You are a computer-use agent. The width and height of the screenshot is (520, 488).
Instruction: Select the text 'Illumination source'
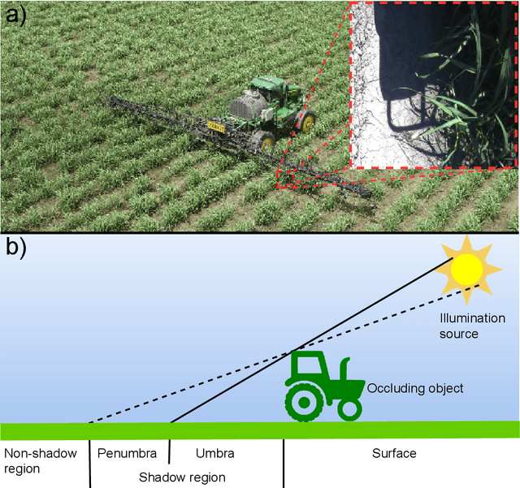click(x=472, y=325)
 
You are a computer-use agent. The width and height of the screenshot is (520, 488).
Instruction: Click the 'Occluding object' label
click(x=415, y=388)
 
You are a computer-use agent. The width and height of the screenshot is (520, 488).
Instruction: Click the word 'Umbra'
click(x=215, y=453)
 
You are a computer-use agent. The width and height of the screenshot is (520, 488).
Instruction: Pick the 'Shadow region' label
click(x=182, y=477)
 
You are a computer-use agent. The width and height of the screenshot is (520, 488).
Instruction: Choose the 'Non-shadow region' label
click(x=37, y=460)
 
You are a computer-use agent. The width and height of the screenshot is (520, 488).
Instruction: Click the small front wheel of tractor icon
click(x=349, y=408)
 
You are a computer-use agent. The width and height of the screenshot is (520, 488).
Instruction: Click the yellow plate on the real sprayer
click(x=215, y=126)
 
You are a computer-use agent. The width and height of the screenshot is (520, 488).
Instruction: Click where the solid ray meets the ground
click(x=171, y=423)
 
